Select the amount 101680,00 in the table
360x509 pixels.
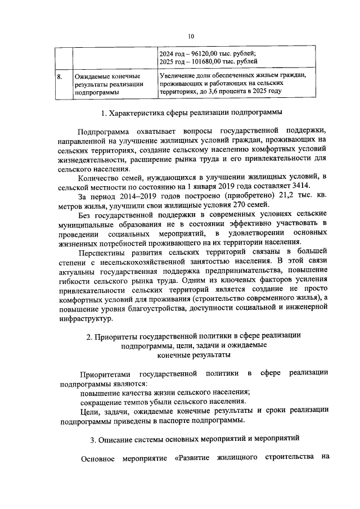tap(201, 62)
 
